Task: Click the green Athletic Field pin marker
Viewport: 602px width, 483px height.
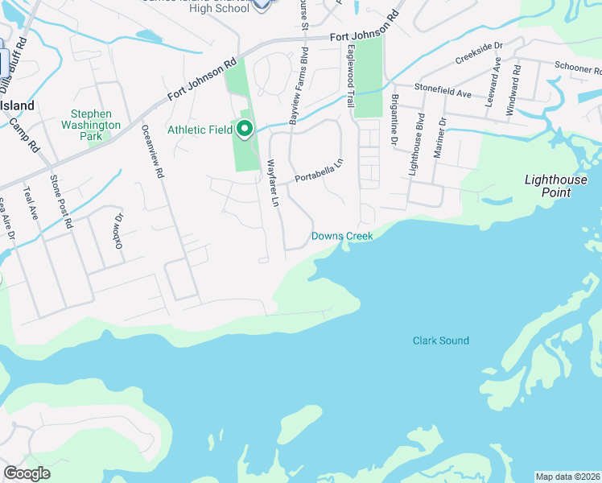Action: point(243,129)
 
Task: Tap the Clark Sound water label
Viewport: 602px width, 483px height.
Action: point(441,341)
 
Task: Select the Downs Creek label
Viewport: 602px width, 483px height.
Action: point(342,236)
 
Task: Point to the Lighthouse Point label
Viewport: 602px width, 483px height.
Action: point(558,186)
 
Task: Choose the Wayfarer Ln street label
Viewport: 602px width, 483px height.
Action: point(273,183)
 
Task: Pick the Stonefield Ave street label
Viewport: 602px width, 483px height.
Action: point(443,93)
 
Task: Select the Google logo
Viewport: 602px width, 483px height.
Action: point(27,473)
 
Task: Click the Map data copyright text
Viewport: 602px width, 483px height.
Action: point(567,477)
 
